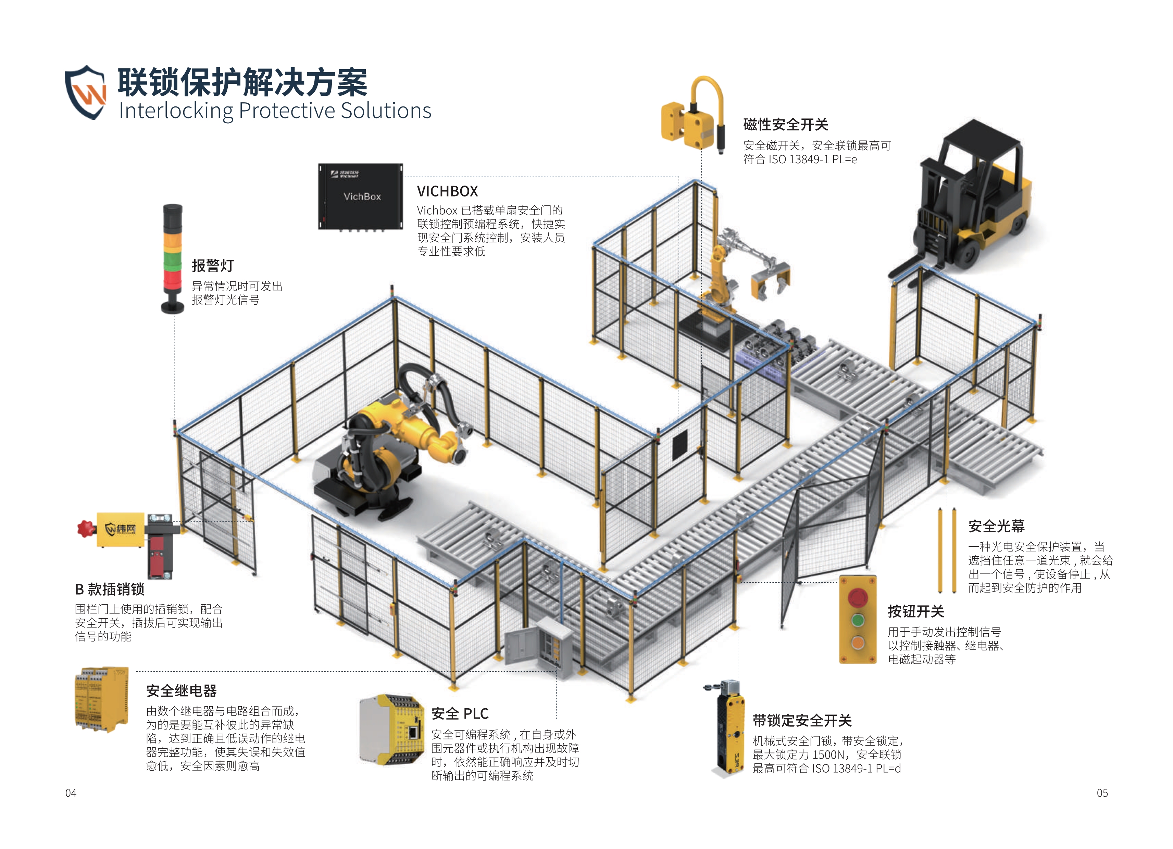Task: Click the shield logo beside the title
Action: point(85,92)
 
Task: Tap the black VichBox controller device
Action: point(361,197)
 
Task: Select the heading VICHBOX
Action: point(447,191)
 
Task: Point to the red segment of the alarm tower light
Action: point(173,280)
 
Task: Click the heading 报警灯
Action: point(213,266)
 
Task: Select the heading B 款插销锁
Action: point(110,589)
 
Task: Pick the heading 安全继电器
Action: point(182,691)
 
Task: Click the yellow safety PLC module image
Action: point(391,730)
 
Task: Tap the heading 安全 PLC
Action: point(460,713)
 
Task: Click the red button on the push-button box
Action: point(858,597)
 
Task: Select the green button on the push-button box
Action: point(858,620)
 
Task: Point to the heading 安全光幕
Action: point(996,527)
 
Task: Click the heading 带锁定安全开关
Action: point(802,720)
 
